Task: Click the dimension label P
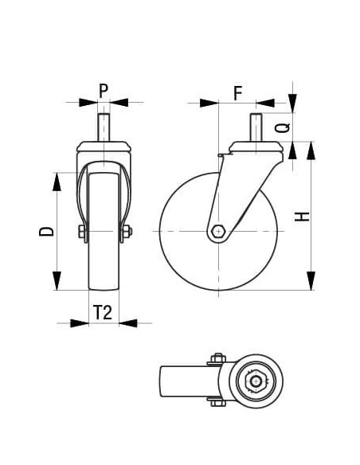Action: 104,90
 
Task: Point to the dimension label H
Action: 301,217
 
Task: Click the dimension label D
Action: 49,231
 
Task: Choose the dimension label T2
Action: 102,312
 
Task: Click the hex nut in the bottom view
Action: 256,381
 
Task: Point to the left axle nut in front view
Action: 81,232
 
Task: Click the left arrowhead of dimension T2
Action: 79,323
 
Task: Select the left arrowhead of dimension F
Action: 209,103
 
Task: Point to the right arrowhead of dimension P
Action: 119,102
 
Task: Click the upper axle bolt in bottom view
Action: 215,358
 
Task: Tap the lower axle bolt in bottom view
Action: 215,403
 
